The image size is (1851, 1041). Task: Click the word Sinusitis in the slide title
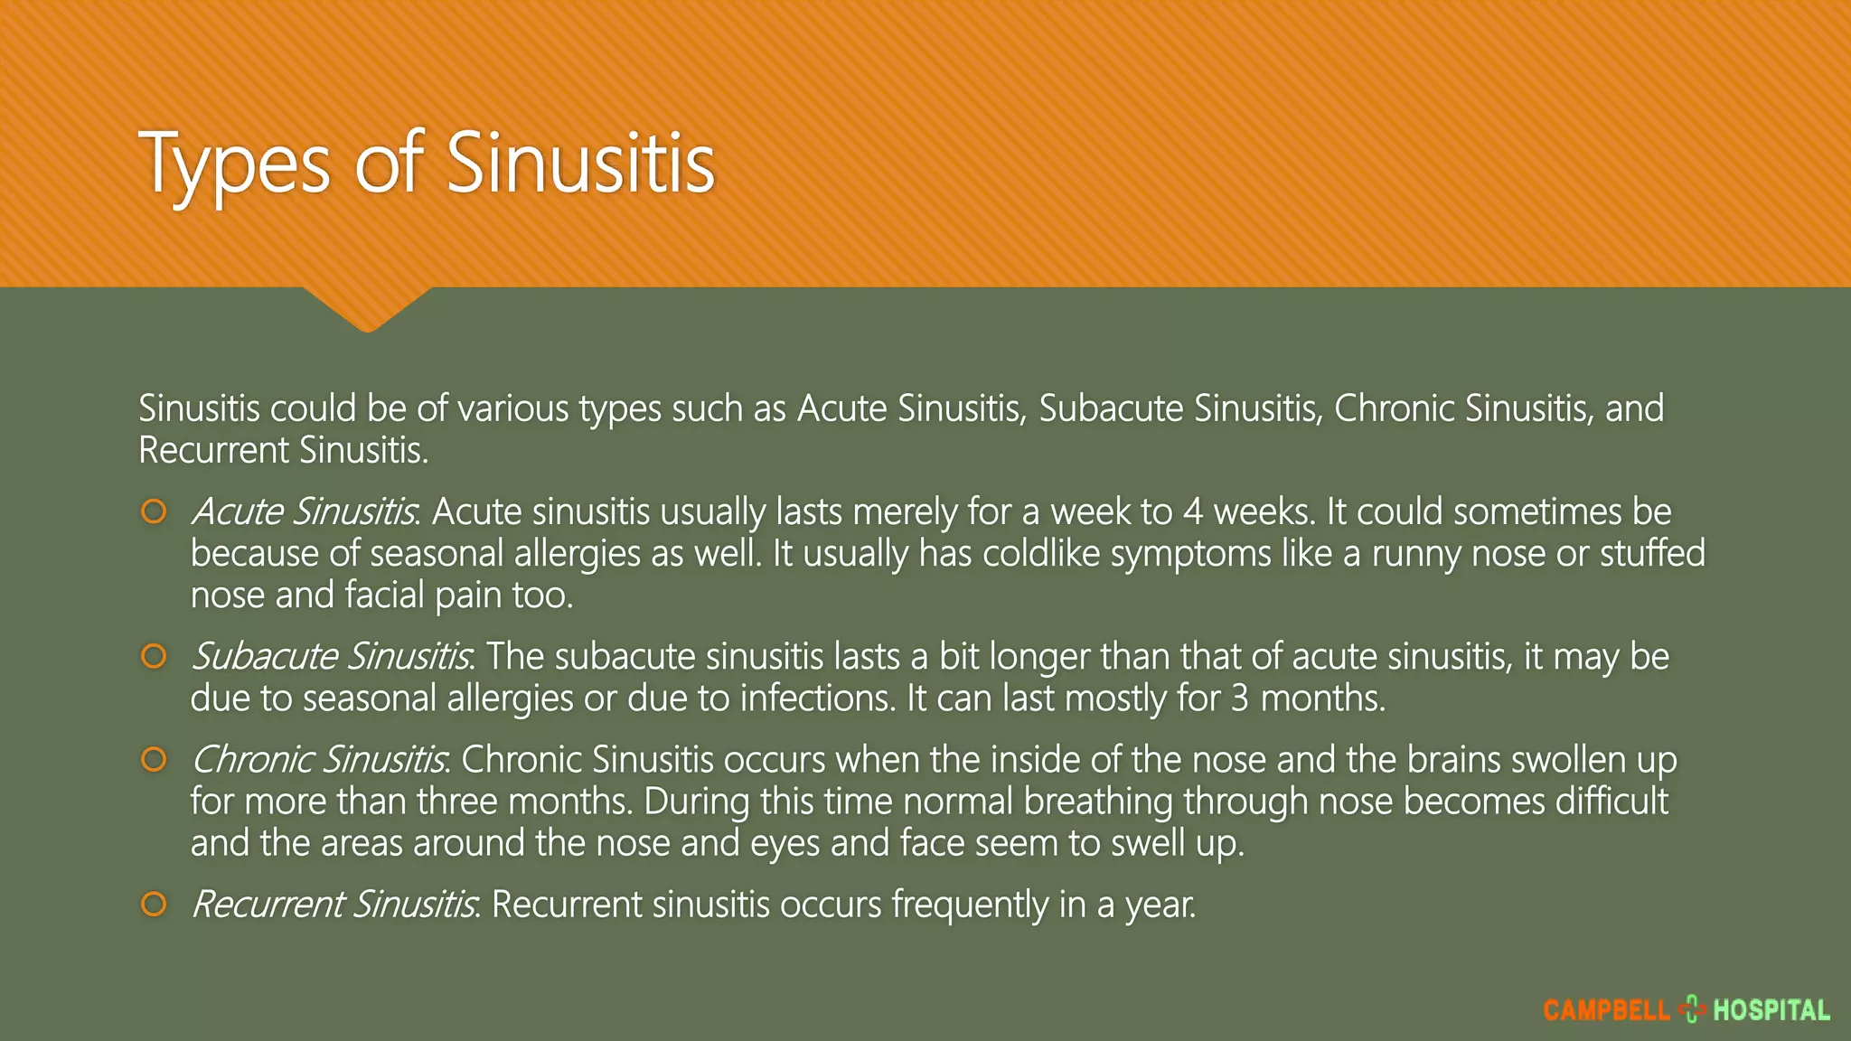(x=580, y=164)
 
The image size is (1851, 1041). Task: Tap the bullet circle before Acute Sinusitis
(x=155, y=512)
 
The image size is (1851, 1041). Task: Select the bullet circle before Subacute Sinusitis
(x=155, y=657)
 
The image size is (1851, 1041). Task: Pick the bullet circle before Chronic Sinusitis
(x=155, y=760)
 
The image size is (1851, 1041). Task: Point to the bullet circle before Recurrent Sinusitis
(x=155, y=905)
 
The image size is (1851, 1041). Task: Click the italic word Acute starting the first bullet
(x=238, y=512)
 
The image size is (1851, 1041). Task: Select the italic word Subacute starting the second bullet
(x=265, y=657)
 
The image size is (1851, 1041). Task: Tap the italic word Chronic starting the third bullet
(x=252, y=760)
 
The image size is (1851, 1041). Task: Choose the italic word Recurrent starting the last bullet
(x=268, y=905)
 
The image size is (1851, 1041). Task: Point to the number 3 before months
(x=1240, y=699)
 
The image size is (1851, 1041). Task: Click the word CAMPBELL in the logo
(x=1606, y=1010)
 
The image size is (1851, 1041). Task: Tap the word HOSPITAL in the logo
(x=1771, y=1010)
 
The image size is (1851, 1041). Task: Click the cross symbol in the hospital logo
(x=1691, y=1009)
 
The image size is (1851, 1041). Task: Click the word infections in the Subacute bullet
(x=816, y=699)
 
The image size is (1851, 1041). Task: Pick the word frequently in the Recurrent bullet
(x=970, y=905)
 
